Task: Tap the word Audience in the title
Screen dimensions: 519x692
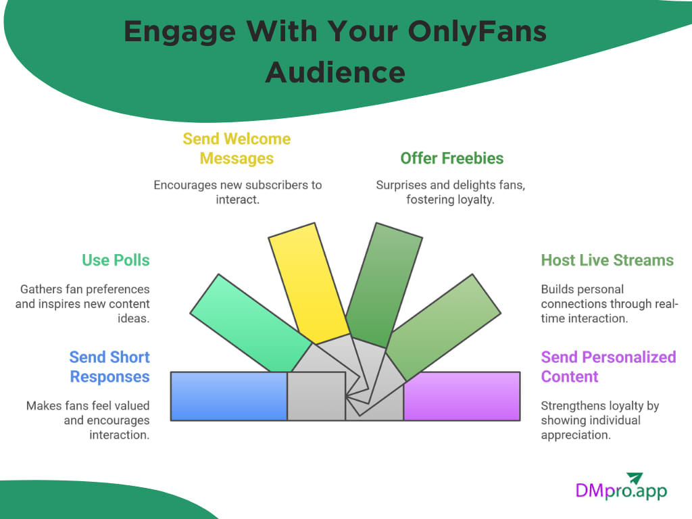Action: coord(335,72)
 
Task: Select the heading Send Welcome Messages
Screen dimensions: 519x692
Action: coord(237,149)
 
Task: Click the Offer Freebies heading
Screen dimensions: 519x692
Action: coord(451,158)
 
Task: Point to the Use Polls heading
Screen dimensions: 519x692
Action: coord(116,260)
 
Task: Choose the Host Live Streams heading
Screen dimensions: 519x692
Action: coord(607,260)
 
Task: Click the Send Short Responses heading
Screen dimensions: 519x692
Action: coord(109,366)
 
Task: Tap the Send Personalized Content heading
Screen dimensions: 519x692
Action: coord(608,366)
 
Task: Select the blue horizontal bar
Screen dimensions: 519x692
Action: coord(228,396)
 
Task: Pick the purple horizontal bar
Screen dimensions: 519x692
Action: coord(462,396)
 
